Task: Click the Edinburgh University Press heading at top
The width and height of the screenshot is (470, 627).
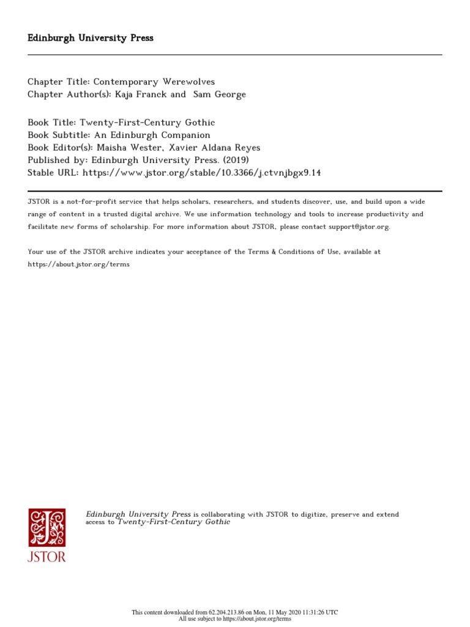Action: click(x=91, y=38)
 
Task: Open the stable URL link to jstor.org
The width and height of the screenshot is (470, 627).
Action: click(x=201, y=173)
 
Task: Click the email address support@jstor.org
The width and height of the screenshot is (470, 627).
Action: click(x=350, y=227)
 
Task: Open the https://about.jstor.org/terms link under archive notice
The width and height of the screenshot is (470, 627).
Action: click(x=78, y=265)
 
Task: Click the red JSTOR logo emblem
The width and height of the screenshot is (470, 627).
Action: click(x=47, y=527)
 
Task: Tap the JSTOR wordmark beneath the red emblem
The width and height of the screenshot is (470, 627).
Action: click(x=47, y=557)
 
